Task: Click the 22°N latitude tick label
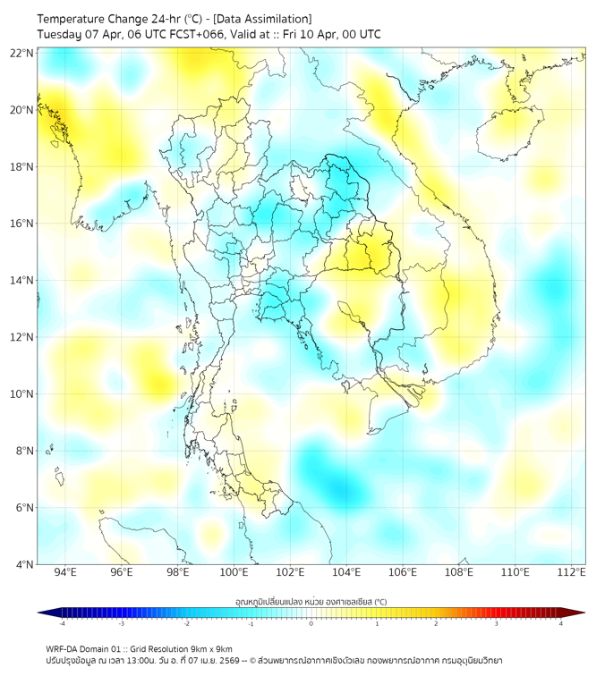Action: (x=22, y=53)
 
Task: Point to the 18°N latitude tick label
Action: (x=22, y=167)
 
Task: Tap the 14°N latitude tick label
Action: (x=22, y=281)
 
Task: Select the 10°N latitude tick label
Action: (x=22, y=394)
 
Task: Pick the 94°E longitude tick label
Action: (x=65, y=572)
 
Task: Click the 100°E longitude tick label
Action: (x=234, y=572)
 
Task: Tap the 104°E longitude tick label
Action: (x=346, y=572)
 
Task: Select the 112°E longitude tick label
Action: (x=571, y=572)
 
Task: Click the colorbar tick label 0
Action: (x=311, y=623)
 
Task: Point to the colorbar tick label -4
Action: (x=61, y=623)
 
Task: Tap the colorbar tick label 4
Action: (x=561, y=623)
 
